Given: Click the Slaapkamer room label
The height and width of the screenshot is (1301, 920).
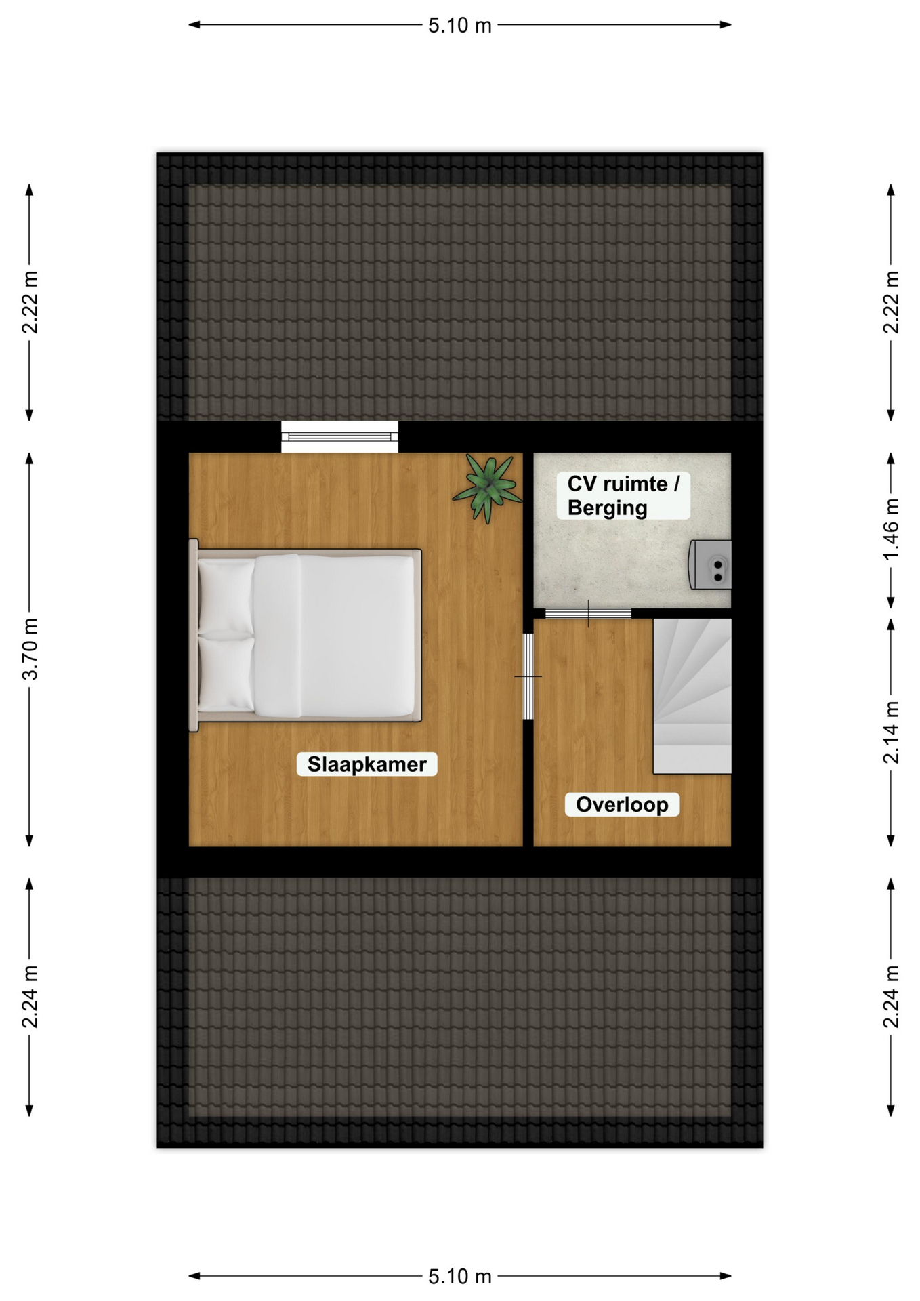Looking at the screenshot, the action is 367,764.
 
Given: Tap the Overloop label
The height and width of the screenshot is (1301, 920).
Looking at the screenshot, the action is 622,804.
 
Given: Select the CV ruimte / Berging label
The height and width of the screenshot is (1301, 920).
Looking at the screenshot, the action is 623,495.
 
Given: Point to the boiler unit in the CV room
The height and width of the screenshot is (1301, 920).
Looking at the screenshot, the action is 710,564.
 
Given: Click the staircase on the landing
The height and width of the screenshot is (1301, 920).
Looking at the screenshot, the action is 692,696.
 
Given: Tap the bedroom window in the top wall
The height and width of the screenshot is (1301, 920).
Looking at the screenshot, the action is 339,436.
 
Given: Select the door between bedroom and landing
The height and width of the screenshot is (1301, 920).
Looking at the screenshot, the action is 528,676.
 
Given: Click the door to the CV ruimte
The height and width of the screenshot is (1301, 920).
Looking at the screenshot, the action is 588,613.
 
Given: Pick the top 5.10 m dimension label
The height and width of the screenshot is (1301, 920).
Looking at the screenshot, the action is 459,25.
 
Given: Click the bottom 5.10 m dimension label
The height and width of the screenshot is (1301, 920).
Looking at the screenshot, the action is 459,1276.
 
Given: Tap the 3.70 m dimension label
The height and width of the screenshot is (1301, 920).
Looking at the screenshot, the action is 30,649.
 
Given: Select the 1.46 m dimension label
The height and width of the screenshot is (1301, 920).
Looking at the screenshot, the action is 891,529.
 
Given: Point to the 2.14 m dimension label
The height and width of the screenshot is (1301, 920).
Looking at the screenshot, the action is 891,732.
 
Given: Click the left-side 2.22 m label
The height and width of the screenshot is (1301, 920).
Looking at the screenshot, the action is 30,302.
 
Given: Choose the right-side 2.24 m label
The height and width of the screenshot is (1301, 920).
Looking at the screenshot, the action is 891,997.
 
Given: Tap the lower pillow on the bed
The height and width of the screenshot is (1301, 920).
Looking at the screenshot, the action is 226,674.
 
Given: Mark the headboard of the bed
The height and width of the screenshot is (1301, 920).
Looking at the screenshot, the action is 193,636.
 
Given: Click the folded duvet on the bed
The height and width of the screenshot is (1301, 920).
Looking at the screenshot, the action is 278,636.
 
